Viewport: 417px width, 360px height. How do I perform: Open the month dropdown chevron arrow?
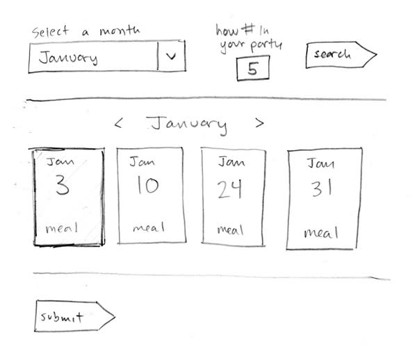click(172, 58)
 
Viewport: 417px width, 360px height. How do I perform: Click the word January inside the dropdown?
click(68, 58)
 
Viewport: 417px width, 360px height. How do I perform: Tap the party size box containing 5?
click(252, 69)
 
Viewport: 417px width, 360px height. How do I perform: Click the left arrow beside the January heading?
click(119, 124)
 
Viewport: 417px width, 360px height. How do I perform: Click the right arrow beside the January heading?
click(259, 123)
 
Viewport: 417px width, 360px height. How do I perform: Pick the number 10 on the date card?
click(147, 186)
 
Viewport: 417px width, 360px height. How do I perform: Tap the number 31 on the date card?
click(320, 189)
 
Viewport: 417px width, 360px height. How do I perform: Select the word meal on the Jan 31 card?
click(322, 232)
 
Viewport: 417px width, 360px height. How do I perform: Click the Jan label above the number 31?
click(320, 165)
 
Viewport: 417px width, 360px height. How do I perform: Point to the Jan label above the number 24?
click(231, 162)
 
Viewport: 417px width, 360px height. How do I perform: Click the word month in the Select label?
click(119, 32)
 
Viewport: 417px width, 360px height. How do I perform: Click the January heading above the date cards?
click(188, 124)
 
